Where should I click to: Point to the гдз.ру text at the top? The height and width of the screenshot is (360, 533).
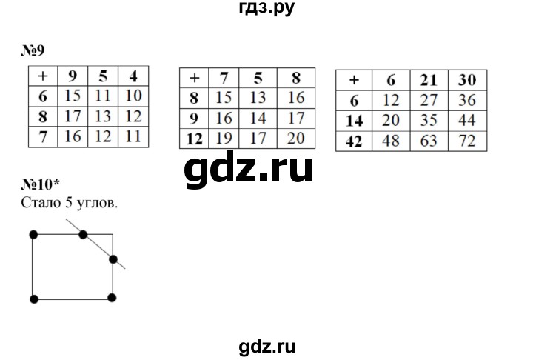pos(266,10)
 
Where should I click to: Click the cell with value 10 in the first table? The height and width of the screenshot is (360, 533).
pos(134,95)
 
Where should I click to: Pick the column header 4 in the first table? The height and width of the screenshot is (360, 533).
pos(134,75)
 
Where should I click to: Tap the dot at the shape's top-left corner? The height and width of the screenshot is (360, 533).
pos(33,234)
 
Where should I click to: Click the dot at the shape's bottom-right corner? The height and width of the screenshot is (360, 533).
pos(113,298)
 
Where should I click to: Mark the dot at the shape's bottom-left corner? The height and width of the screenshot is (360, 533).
pos(33,298)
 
